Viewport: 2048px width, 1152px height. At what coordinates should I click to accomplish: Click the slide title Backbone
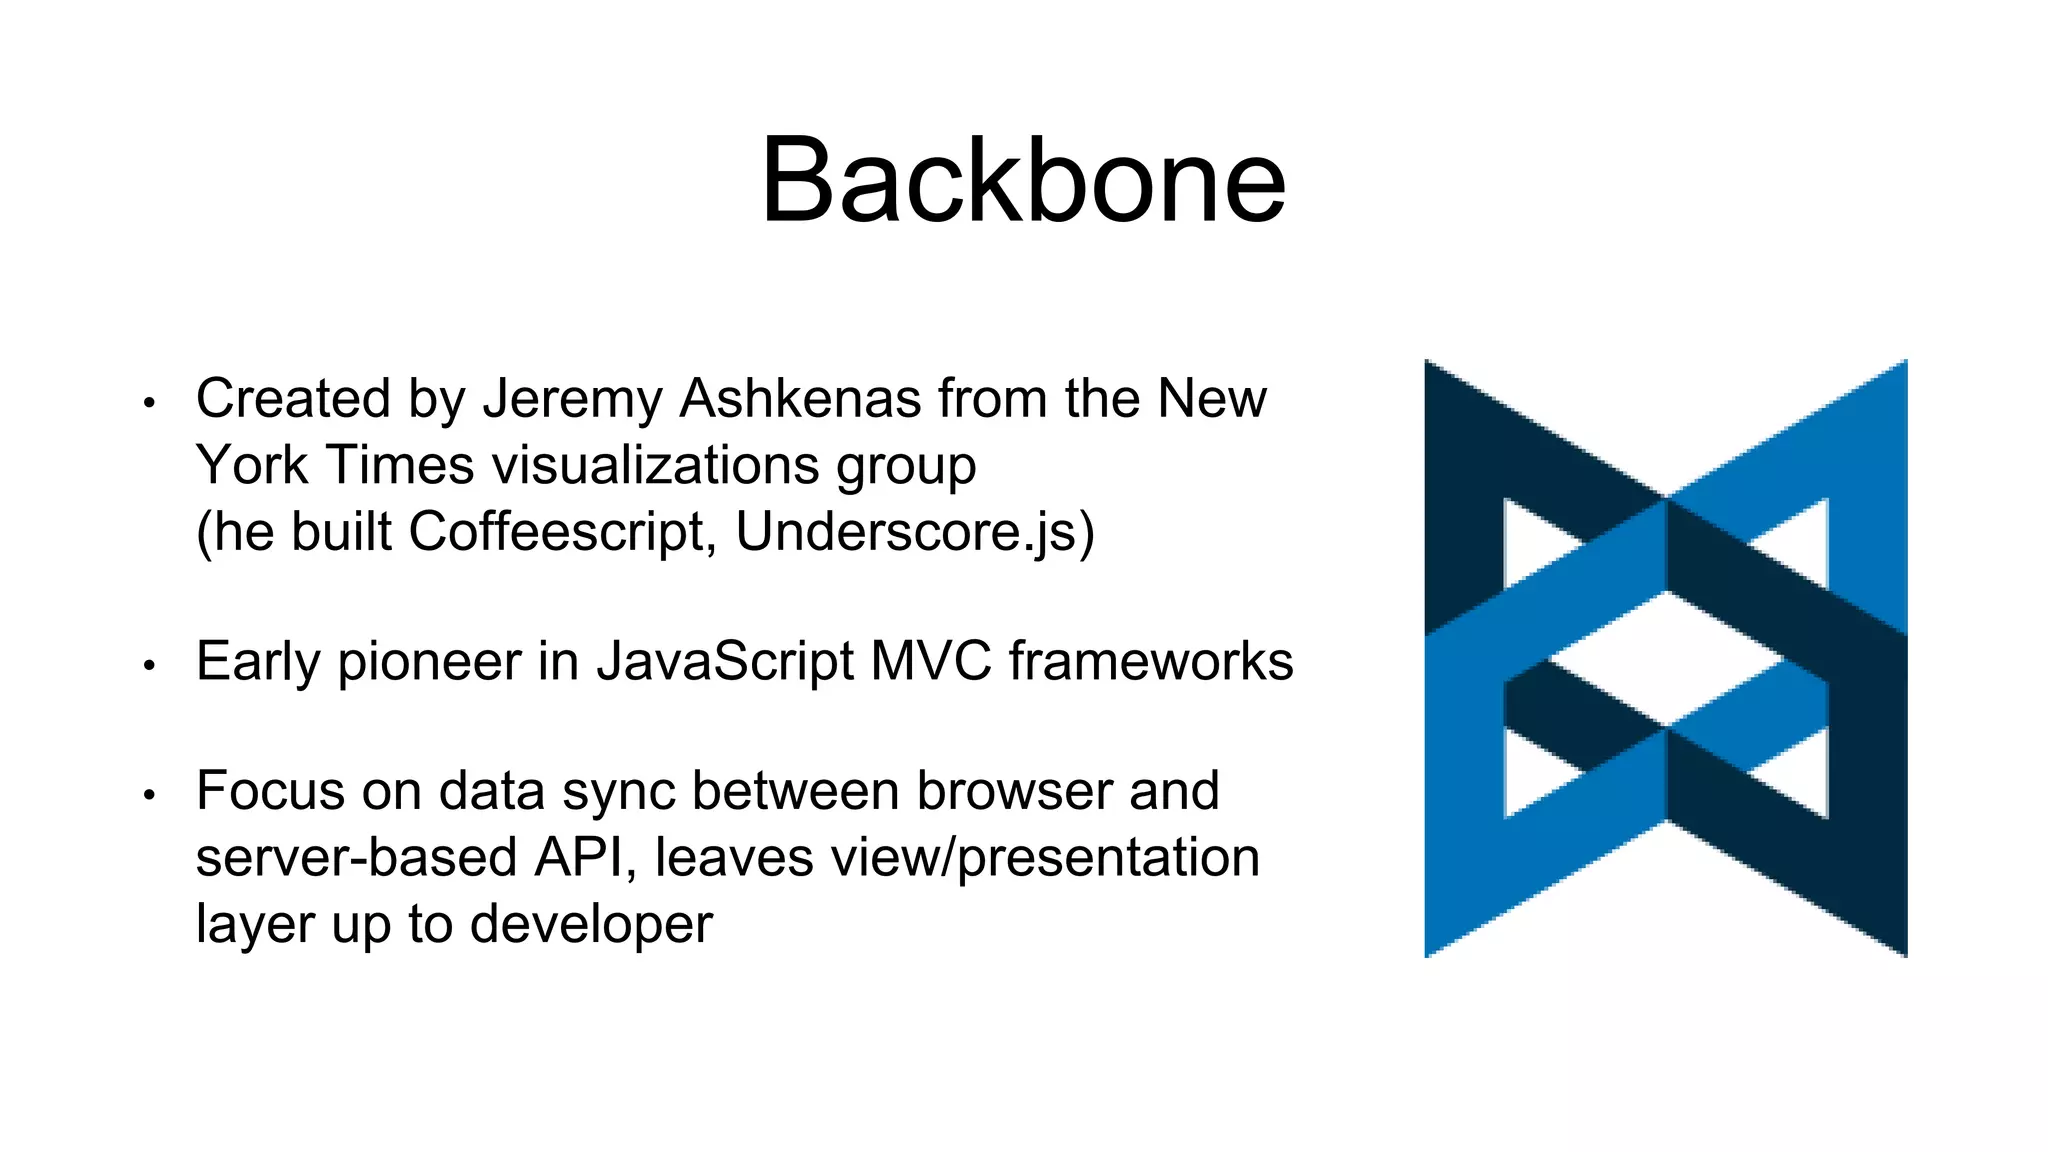tap(1022, 182)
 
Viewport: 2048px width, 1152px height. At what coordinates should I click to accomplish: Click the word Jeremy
tap(572, 399)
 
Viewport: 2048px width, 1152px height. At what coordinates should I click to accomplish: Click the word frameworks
tap(1150, 661)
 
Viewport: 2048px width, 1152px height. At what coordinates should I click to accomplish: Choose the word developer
tap(591, 924)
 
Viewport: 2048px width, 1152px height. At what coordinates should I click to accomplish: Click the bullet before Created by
tap(150, 403)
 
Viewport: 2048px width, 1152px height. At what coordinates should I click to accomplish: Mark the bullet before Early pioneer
tap(150, 665)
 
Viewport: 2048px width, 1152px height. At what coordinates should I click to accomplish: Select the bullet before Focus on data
tap(150, 795)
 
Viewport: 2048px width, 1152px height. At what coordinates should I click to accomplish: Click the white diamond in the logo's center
tap(1666, 658)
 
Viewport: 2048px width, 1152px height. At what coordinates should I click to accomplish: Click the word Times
tap(400, 465)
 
